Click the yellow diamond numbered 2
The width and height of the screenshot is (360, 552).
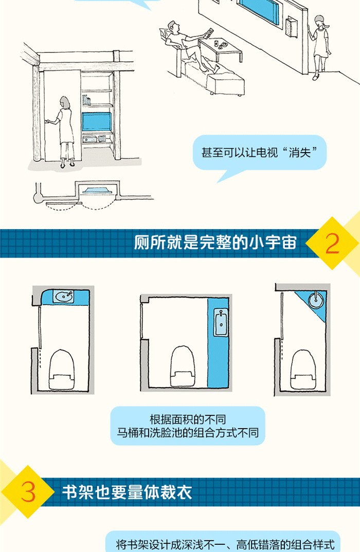tap(332, 243)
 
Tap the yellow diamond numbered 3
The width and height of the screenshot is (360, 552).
tap(28, 492)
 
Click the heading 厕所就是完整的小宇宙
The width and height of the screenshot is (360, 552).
tap(215, 243)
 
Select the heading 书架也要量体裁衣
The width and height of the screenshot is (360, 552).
tap(127, 492)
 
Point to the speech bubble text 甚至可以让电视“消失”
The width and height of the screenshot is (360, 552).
tap(260, 153)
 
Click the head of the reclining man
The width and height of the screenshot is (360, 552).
tap(173, 27)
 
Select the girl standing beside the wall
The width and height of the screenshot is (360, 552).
tap(320, 47)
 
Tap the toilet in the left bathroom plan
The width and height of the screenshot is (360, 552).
tap(61, 370)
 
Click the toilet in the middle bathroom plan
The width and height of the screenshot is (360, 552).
tap(183, 366)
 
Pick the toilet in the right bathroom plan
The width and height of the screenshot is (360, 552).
tap(303, 369)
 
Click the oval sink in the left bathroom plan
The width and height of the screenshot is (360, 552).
tap(64, 297)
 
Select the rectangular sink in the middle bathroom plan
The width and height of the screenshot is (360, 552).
tap(221, 322)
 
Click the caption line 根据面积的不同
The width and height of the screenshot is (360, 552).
tap(188, 419)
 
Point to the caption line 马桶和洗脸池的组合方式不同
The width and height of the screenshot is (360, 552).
tap(188, 433)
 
